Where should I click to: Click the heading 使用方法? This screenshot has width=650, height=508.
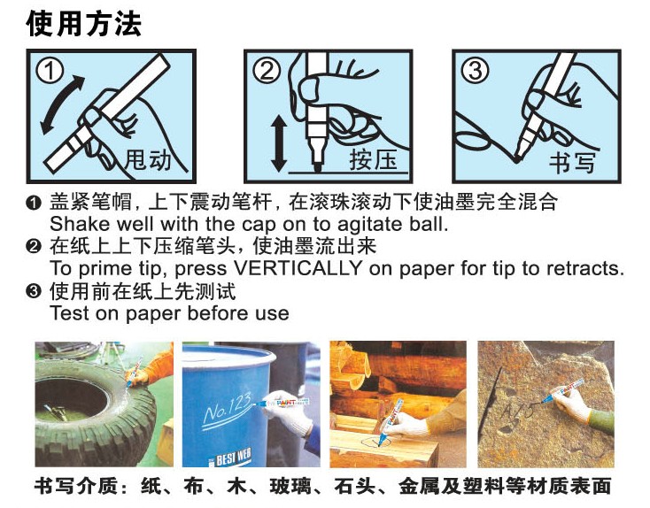click(84, 23)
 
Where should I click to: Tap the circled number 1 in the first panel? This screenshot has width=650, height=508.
click(50, 71)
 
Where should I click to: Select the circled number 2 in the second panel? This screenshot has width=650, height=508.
click(267, 71)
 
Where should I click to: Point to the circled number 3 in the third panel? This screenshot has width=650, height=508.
click(475, 71)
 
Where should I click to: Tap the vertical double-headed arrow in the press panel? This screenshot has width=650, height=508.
click(279, 143)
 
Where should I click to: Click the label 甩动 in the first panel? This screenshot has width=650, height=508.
click(148, 159)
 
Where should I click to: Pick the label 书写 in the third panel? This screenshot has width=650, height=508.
click(572, 163)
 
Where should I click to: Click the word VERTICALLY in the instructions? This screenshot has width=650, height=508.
click(298, 268)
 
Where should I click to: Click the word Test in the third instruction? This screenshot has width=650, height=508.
click(70, 312)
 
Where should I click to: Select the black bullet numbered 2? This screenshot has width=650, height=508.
click(33, 247)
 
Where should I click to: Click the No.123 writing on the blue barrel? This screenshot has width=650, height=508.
click(228, 408)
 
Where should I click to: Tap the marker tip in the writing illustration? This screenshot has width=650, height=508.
click(518, 158)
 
